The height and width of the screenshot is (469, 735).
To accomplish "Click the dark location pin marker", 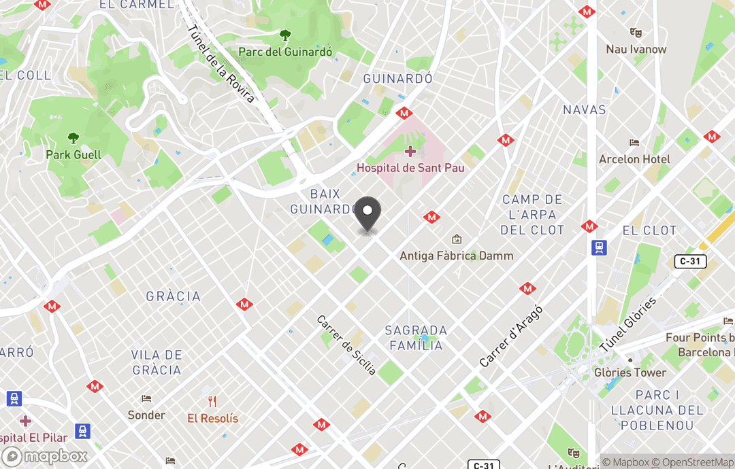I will coord(367,213).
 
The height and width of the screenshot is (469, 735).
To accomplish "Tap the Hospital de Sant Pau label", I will coord(410,168).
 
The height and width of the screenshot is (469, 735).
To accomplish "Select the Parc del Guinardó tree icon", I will coord(284,35).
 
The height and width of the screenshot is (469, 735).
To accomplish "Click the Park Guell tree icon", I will coord(73,138).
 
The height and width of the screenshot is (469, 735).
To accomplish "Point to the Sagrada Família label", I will coord(416,338).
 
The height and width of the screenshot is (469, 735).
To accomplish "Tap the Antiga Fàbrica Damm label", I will coord(456,256).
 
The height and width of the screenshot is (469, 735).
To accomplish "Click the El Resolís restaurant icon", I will coord(212,401).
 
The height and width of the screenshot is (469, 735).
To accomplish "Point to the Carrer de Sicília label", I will coord(346,345).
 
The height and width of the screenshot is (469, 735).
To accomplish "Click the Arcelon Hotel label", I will coord(634,159).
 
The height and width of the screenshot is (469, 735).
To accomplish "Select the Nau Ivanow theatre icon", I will coord(636,33).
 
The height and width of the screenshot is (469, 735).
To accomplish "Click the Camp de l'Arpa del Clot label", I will coord(532,215).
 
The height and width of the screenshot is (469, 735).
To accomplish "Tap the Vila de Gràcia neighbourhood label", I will coord(157,362).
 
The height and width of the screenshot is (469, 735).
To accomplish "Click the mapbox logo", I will coord(45,456).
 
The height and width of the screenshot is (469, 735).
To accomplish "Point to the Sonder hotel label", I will coord(146,415).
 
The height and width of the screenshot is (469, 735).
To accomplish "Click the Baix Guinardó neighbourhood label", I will coord(324,202).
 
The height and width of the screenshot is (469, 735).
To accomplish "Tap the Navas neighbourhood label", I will coord(584,109).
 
